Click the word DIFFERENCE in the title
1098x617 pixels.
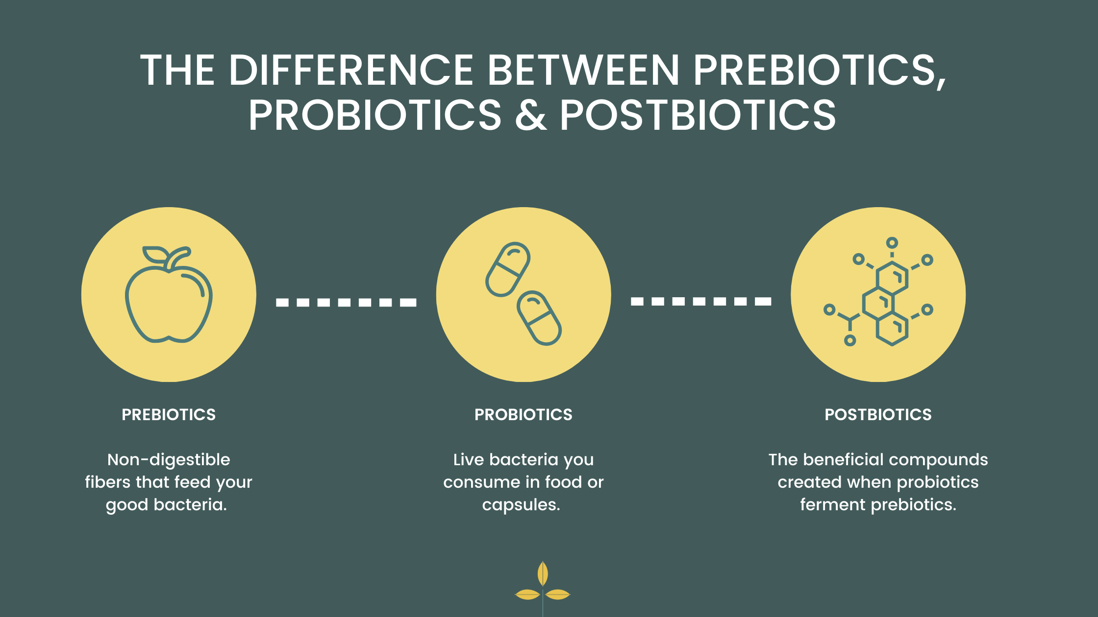351,70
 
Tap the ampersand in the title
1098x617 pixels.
531,115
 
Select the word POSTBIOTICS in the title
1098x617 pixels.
698,115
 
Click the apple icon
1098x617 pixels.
169,294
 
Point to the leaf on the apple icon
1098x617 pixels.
154,255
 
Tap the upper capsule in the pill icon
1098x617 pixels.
508,269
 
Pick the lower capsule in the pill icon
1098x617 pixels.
539,318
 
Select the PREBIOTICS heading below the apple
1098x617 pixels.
169,415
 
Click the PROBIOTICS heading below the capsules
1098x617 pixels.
524,415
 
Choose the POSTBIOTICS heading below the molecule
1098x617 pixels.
878,415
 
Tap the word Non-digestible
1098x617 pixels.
169,460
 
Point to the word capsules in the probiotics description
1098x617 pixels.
521,505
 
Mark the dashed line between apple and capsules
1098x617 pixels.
346,302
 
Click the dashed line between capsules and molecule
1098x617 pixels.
701,301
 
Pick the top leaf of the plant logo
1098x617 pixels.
543,573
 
